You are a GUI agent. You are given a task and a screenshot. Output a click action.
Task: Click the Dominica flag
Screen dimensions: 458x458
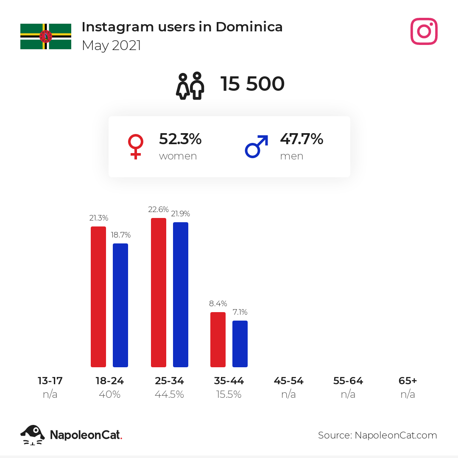[x=46, y=36]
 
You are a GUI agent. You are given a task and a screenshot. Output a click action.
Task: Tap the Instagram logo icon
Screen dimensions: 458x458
[x=424, y=31]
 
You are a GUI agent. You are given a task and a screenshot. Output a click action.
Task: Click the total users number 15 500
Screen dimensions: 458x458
[x=252, y=84]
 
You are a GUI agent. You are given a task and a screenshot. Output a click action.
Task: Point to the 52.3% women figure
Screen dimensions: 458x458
[x=180, y=139]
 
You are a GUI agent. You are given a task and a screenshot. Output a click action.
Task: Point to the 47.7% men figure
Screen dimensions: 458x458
[x=302, y=139]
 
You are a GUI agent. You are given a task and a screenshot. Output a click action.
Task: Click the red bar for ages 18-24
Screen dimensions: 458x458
[x=98, y=297]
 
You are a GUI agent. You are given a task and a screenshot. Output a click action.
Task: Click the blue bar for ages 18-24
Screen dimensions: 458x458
[x=120, y=305]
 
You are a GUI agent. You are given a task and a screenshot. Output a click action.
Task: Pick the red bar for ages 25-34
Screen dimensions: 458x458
[x=159, y=292]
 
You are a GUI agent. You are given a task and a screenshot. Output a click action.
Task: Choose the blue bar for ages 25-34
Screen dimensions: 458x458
[x=181, y=295]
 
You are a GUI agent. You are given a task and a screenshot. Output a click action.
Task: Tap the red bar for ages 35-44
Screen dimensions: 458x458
[x=218, y=340]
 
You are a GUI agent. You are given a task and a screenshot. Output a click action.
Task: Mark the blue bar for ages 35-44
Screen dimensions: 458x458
[x=240, y=344]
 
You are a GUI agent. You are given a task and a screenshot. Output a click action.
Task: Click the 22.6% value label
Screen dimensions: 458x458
[x=158, y=209]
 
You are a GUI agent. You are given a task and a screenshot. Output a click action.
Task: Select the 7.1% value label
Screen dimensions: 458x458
[x=240, y=312]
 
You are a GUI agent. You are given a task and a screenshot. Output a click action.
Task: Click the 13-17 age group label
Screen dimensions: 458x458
[x=50, y=380]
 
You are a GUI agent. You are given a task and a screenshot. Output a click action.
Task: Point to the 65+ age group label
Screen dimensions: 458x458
[x=408, y=380]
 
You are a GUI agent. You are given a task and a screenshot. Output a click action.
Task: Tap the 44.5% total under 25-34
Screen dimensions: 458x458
[x=169, y=394]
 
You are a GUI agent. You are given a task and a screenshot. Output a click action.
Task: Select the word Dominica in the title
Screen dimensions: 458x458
[x=249, y=27]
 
